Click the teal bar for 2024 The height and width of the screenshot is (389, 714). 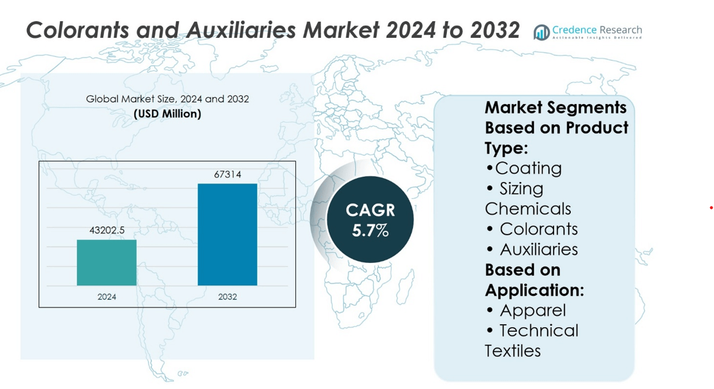(x=107, y=263)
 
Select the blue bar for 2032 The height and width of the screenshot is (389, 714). (x=227, y=235)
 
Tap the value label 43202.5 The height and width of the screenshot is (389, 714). (x=107, y=230)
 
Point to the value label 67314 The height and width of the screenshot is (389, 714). (x=228, y=174)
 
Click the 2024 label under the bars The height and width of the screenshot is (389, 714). (x=107, y=297)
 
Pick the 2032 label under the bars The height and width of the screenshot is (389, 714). (x=227, y=297)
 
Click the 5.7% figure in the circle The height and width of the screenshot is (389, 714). (x=370, y=231)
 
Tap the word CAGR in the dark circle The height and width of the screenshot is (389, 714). (x=370, y=210)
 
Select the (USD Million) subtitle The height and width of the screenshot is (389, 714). (x=168, y=114)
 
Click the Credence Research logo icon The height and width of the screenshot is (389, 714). (x=541, y=32)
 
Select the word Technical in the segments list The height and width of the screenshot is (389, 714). (x=539, y=330)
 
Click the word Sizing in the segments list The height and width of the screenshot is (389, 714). (x=521, y=189)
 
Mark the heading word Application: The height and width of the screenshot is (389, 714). (x=534, y=291)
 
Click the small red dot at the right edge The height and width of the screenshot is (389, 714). (x=711, y=208)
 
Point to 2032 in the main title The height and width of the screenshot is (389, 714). (x=494, y=30)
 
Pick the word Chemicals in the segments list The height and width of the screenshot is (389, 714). (x=528, y=209)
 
